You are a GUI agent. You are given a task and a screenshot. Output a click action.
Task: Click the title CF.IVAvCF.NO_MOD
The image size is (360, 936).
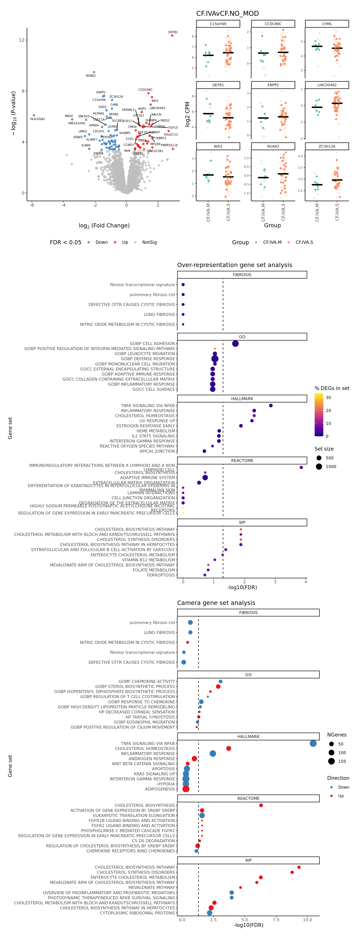point(227,13)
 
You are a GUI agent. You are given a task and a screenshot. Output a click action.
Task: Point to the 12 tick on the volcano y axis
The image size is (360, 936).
point(22,40)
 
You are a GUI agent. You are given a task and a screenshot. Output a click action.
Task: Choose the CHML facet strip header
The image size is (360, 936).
point(327,24)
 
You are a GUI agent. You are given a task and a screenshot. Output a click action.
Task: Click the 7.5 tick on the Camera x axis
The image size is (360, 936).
point(276,920)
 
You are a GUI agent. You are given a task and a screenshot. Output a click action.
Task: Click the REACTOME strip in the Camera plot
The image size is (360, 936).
point(248,799)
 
